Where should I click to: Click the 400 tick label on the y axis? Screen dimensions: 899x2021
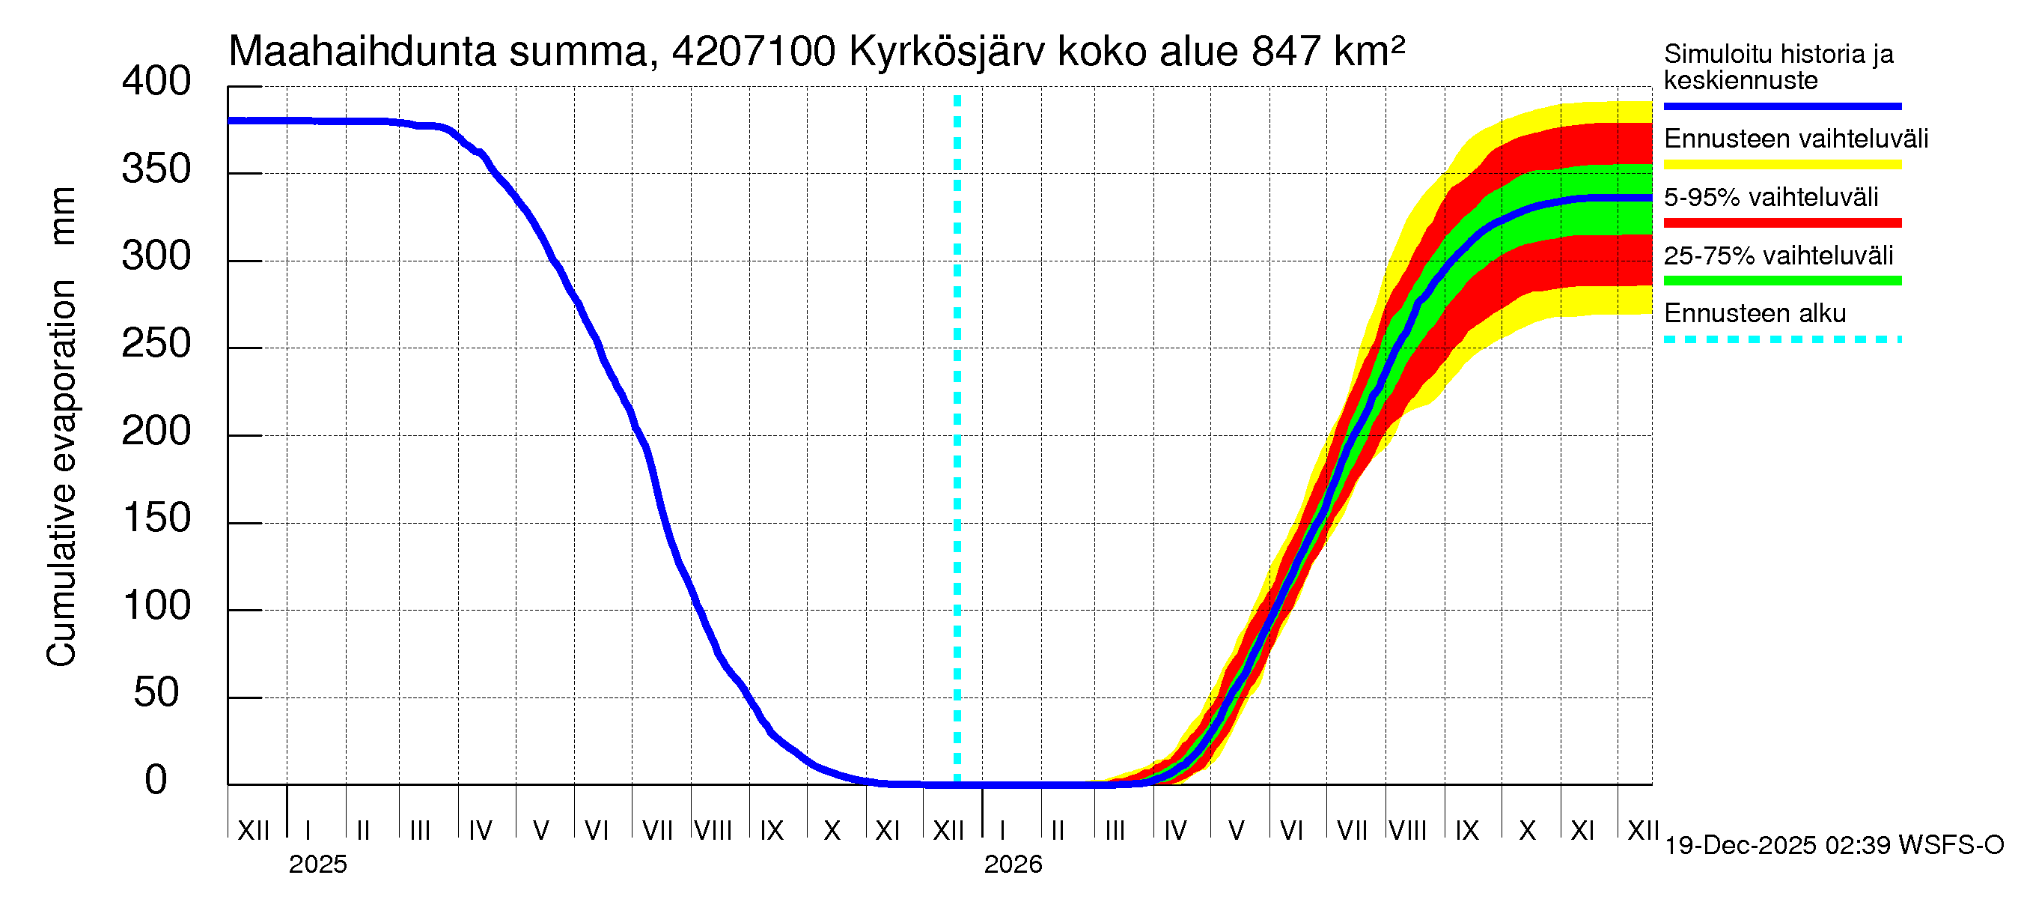[x=156, y=82]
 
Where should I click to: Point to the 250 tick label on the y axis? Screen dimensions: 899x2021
[x=156, y=344]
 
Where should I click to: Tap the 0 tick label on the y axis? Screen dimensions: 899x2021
[x=156, y=781]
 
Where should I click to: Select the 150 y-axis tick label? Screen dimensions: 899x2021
[x=156, y=519]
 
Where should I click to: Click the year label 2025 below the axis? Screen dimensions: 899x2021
[x=317, y=865]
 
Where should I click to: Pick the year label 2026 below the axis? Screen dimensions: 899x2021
[x=1012, y=865]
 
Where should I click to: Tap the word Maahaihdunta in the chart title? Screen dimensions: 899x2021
[x=362, y=52]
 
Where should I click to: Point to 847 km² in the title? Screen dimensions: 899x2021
[x=1327, y=52]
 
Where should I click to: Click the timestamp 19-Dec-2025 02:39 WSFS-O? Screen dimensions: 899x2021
[x=1833, y=846]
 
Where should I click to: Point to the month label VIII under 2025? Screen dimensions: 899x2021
[x=713, y=831]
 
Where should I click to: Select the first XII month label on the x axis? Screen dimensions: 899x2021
[x=253, y=831]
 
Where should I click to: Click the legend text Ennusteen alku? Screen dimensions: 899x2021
[x=1755, y=313]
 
